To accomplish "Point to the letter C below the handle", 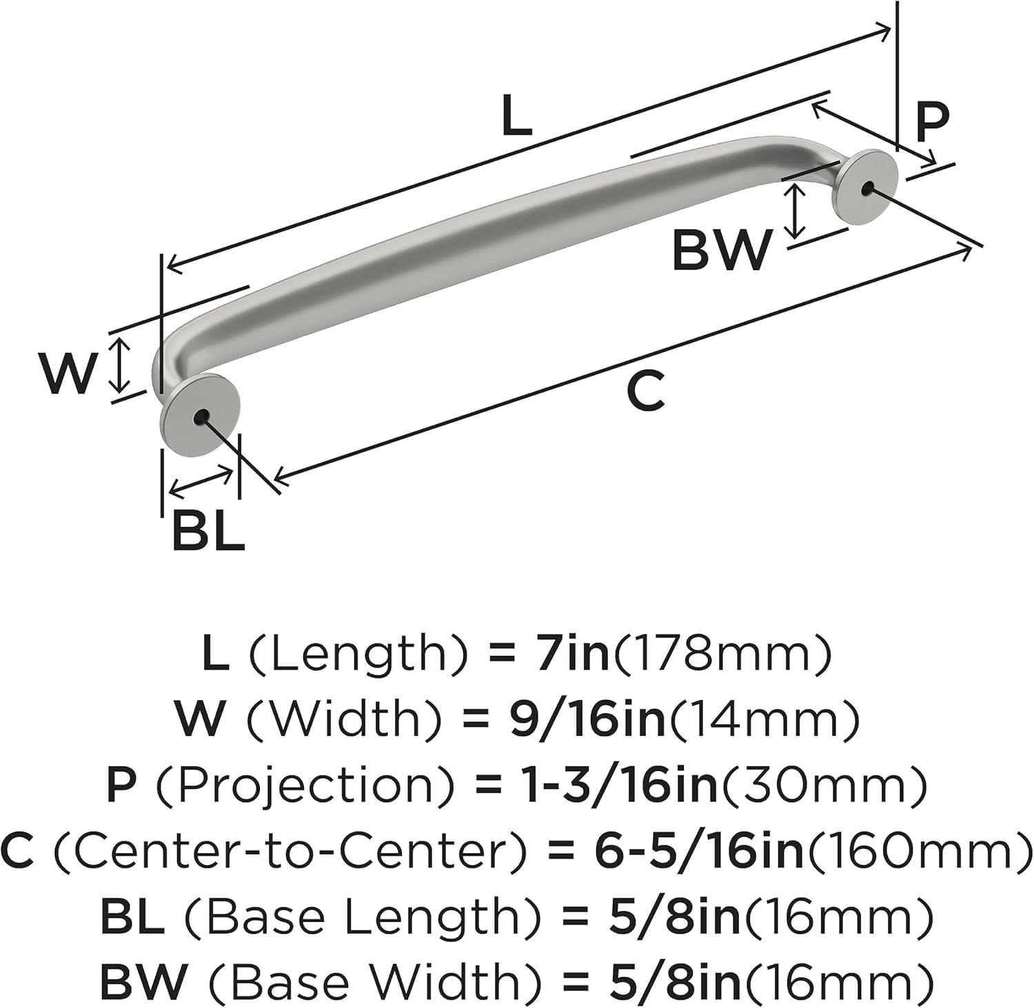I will pyautogui.click(x=646, y=391).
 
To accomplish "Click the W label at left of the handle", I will pyautogui.click(x=67, y=373).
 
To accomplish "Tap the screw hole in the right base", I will pyautogui.click(x=866, y=186).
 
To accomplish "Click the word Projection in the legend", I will pyautogui.click(x=306, y=785).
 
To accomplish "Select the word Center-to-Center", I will pyautogui.click(x=291, y=851).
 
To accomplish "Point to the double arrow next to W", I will pyautogui.click(x=121, y=365).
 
